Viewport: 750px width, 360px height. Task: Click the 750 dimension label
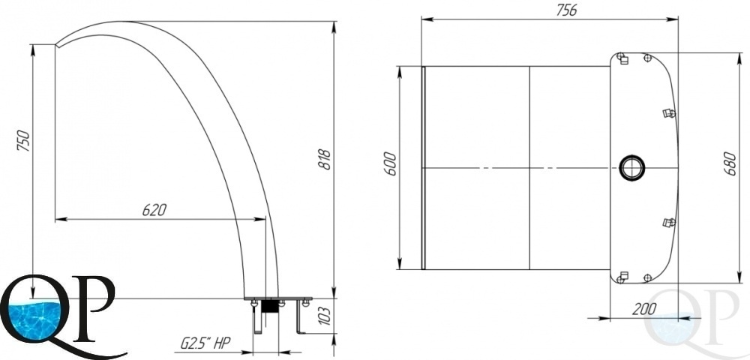(x=23, y=140)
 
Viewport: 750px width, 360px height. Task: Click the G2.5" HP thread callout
(x=205, y=342)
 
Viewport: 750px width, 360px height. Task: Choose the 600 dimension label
(x=391, y=164)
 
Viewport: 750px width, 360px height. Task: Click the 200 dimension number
(x=643, y=309)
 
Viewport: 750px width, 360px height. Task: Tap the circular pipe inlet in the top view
(x=631, y=168)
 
